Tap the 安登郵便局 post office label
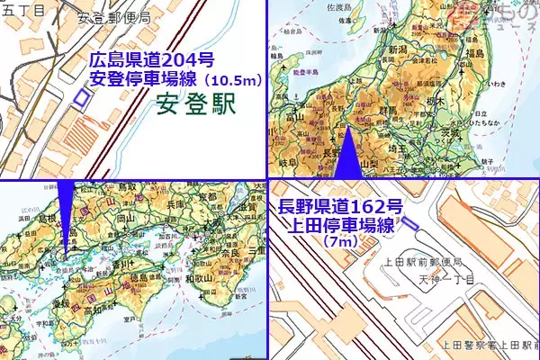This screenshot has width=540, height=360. tap(113, 17)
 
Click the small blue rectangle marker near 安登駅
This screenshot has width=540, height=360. tap(82, 96)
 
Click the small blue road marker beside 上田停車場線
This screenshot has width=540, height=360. tap(410, 222)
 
